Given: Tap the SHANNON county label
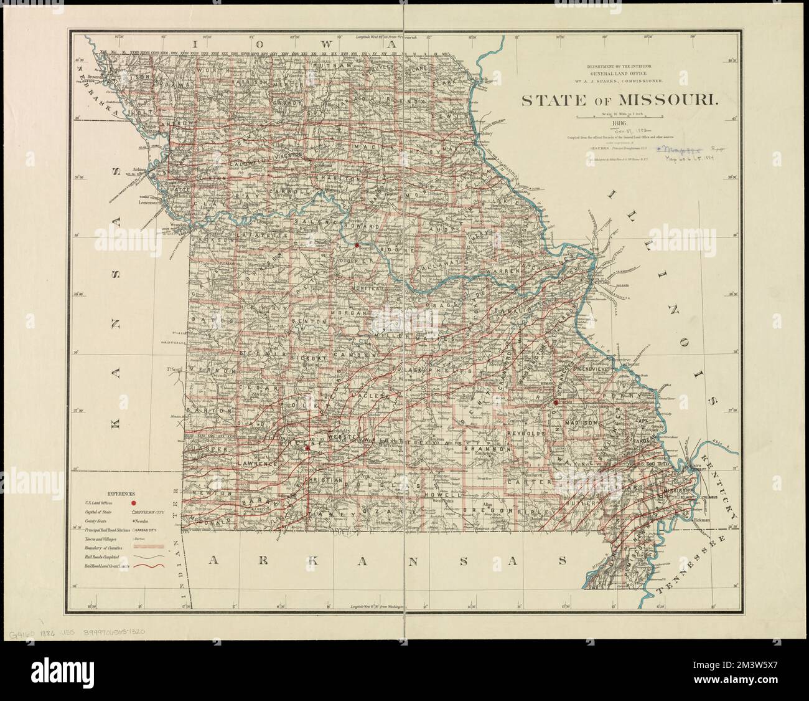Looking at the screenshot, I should coord(491,449).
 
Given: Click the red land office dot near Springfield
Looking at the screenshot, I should coord(307,464).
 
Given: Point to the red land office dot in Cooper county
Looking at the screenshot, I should coord(357,246).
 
